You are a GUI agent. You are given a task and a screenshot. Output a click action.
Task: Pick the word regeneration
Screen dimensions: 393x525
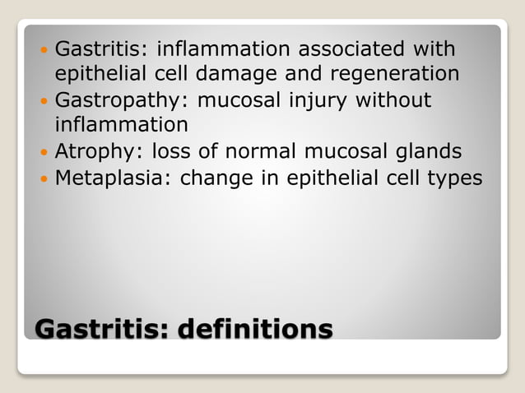click(395, 75)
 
